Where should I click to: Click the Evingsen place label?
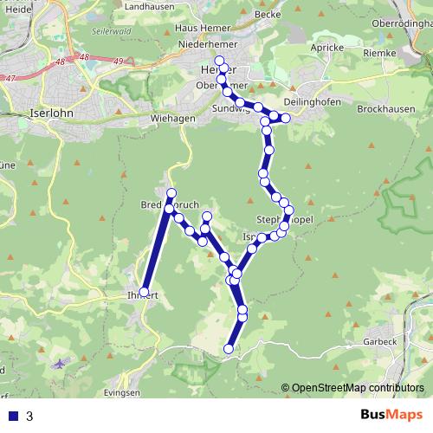click(x=122, y=392)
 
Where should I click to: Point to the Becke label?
click(x=268, y=15)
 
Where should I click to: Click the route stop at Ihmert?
click(x=145, y=293)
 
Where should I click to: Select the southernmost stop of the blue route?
click(x=229, y=349)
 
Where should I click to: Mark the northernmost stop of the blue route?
click(x=219, y=61)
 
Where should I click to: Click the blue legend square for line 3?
click(x=13, y=416)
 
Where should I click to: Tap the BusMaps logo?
click(x=391, y=415)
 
